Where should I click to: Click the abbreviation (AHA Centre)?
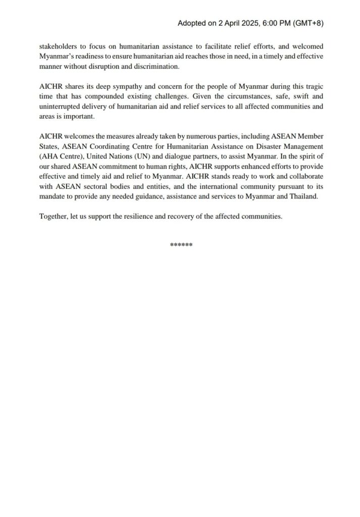pyautogui.click(x=61, y=156)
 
